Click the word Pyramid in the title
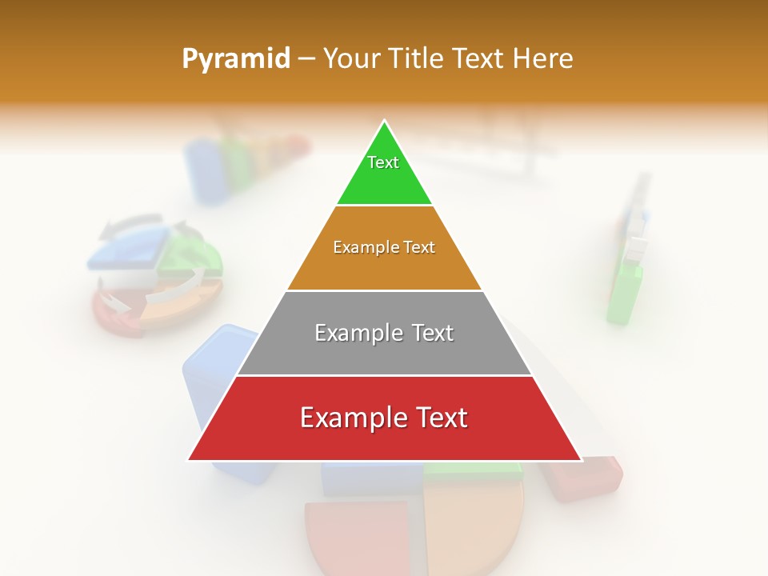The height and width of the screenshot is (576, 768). pos(235,58)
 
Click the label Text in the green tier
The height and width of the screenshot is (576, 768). pos(383,162)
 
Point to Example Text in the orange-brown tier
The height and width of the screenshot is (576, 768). pos(384,247)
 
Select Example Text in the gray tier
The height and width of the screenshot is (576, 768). pos(384,333)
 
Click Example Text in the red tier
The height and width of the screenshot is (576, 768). pos(384,418)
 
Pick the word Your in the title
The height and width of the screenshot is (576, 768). pos(350,58)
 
